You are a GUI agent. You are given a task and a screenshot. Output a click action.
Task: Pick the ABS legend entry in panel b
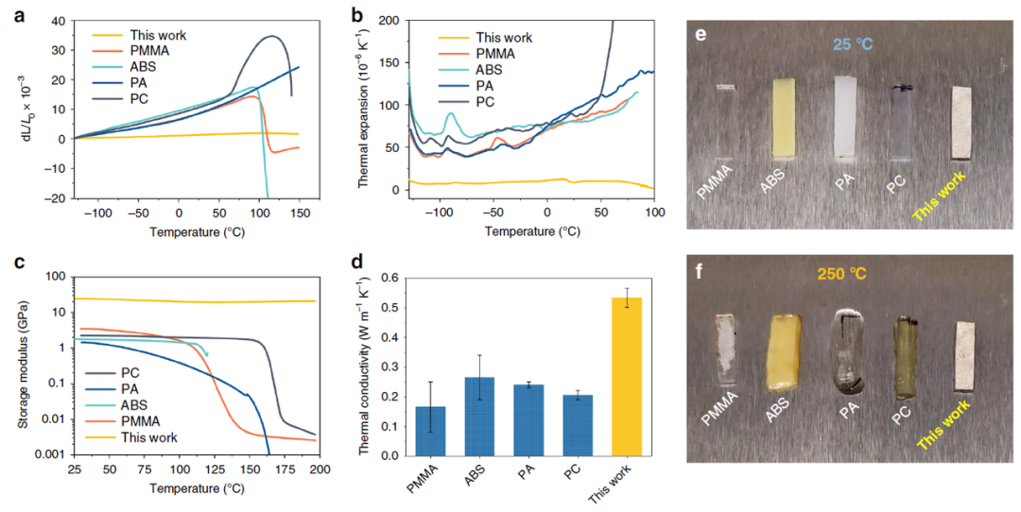point(492,70)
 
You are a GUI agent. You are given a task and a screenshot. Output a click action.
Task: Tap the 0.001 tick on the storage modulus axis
point(49,455)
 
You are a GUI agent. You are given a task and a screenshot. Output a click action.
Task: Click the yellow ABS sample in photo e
point(785,117)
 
